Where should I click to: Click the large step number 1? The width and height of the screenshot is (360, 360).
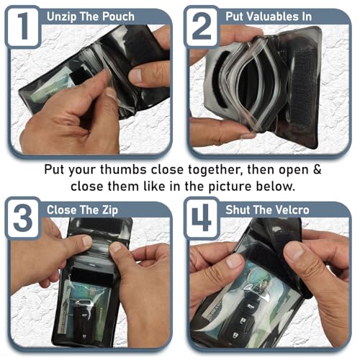tap(23, 26)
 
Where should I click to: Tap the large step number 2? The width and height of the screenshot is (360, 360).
tap(202, 26)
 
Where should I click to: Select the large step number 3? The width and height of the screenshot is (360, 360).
tap(23, 217)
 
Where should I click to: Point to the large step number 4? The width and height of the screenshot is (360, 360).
tap(202, 217)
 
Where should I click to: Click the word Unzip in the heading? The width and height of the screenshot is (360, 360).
tap(62, 17)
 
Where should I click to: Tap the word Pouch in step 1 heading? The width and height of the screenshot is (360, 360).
tap(118, 17)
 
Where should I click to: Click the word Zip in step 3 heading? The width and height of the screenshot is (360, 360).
tap(110, 210)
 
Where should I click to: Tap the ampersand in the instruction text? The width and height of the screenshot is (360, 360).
tap(318, 169)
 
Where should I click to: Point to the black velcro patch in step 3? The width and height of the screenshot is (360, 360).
tap(92, 276)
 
